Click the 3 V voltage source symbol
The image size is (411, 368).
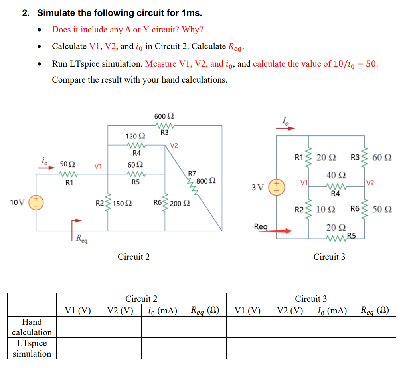(x=276, y=187)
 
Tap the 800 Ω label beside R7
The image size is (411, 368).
(x=206, y=181)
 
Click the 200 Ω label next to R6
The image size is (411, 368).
(x=180, y=203)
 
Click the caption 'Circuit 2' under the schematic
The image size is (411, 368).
(x=134, y=257)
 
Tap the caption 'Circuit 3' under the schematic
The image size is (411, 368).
(x=329, y=257)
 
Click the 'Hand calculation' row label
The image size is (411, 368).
(x=32, y=327)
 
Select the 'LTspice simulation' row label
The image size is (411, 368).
(x=32, y=348)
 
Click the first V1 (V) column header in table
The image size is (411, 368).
(x=78, y=310)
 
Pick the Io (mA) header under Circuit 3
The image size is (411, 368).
(x=332, y=310)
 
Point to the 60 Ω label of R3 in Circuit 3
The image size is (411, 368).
(x=382, y=157)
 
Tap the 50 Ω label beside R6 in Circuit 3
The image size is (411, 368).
(x=382, y=209)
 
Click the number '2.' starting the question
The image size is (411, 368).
(x=26, y=13)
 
